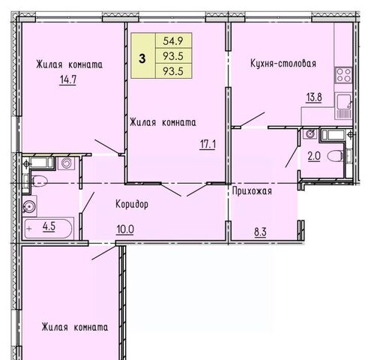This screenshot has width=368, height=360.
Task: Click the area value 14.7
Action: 68,80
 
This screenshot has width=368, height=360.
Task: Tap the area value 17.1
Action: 208,145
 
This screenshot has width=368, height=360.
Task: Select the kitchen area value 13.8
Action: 314,97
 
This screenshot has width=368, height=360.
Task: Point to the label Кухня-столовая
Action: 283,64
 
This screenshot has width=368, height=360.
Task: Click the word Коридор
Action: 132,204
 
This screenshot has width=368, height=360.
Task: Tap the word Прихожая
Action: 252,191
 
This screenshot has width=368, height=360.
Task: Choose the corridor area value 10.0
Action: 125,229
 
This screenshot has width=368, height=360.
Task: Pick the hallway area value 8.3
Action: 260,232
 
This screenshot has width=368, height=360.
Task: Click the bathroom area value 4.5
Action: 49,226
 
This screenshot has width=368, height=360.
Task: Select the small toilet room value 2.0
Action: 314,157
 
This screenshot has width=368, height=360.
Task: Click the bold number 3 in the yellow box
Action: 142,59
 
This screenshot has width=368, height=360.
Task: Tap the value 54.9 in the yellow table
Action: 173,40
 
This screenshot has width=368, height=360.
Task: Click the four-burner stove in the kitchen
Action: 343,75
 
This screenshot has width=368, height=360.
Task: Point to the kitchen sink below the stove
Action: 343,106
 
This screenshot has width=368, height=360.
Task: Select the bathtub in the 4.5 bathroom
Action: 48,229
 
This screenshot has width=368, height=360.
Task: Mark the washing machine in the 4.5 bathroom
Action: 67,163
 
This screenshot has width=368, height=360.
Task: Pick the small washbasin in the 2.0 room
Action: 310,133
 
